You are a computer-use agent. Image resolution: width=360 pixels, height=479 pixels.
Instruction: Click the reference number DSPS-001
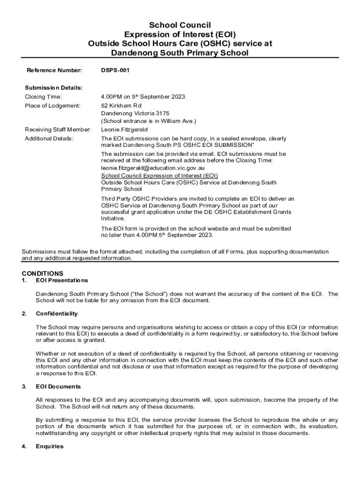click(115, 71)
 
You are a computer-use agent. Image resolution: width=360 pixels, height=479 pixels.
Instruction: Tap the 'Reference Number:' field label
click(54, 71)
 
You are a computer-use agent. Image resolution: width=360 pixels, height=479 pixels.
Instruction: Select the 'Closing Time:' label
click(43, 97)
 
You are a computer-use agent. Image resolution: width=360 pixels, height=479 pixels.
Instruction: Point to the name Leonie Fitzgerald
click(124, 130)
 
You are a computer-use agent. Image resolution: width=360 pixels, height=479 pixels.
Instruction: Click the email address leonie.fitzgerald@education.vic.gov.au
click(153, 167)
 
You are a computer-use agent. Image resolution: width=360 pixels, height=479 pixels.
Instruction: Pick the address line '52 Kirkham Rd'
click(121, 106)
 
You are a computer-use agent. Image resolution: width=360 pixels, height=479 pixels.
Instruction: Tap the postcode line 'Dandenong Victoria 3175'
click(136, 113)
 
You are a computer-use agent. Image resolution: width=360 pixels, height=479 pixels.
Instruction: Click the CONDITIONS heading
click(43, 273)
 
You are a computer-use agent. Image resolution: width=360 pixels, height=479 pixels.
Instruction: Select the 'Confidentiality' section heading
click(57, 313)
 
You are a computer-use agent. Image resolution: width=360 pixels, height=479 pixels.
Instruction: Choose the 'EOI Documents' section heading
click(58, 387)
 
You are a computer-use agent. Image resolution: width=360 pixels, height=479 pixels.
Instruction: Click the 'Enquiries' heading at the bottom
click(50, 446)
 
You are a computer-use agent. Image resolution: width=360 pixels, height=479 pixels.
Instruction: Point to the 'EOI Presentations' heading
click(62, 280)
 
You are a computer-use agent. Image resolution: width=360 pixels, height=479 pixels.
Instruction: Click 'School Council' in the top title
click(180, 25)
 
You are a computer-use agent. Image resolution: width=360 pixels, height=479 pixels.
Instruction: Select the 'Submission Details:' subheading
click(53, 87)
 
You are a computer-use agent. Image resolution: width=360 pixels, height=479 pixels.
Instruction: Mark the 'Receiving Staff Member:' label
click(58, 130)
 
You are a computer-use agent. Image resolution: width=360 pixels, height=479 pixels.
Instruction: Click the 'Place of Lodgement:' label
click(52, 106)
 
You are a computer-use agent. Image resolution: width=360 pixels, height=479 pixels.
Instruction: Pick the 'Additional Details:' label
click(49, 139)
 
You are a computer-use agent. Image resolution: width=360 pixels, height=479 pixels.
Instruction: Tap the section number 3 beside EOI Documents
click(24, 387)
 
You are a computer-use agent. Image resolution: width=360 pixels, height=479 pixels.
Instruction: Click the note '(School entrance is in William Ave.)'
click(149, 121)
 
